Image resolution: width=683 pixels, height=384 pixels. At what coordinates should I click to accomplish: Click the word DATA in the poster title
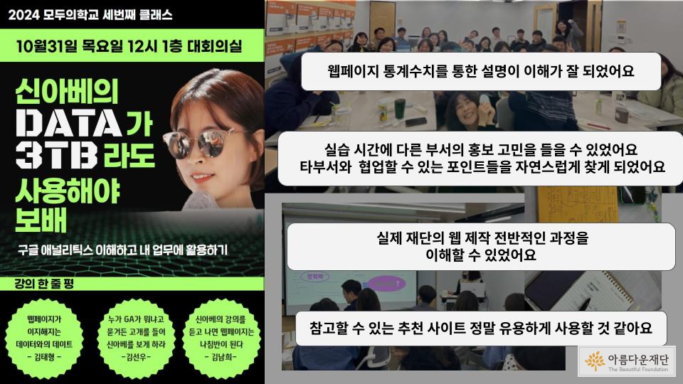68,123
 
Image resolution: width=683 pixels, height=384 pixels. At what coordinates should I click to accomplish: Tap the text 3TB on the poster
56,155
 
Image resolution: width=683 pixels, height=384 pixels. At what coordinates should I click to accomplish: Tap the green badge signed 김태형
44,338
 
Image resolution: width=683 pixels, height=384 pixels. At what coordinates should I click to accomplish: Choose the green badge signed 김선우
136,338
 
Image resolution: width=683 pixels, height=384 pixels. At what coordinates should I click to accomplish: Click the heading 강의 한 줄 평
44,284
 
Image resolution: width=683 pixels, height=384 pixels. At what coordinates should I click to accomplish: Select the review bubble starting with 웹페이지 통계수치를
481,71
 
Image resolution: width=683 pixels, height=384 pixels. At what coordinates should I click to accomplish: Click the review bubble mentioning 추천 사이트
481,329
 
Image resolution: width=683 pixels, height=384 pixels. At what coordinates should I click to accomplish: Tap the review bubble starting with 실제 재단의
481,247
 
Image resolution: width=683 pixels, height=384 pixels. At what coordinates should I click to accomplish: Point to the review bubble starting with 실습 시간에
481,159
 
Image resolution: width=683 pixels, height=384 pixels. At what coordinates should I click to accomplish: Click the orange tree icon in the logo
595,361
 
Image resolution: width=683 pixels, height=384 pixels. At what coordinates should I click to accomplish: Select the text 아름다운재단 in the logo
638,359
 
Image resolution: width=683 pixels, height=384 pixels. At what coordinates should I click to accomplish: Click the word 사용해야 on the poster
68,191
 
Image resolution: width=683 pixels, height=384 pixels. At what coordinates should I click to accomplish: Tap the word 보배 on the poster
41,219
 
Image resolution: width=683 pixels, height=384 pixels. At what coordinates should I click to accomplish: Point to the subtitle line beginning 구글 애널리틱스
123,250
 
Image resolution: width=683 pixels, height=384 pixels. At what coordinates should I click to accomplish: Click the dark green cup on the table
399,108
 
